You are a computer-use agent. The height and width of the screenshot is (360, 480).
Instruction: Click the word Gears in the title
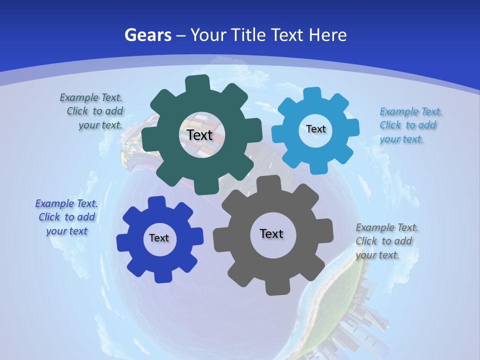(x=147, y=35)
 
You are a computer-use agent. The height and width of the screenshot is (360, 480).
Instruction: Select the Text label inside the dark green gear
(x=199, y=135)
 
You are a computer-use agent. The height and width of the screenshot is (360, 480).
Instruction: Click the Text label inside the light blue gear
(x=315, y=129)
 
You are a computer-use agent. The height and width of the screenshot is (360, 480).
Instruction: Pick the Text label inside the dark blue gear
(x=159, y=238)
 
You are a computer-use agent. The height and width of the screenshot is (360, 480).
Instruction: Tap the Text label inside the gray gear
(x=271, y=233)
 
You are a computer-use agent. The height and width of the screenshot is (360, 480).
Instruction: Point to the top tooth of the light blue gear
(x=312, y=94)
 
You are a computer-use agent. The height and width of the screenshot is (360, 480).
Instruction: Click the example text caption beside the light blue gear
(x=410, y=125)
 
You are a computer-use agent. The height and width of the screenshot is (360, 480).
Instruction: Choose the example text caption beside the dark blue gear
(x=66, y=217)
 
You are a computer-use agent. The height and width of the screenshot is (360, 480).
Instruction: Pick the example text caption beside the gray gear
(x=386, y=241)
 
